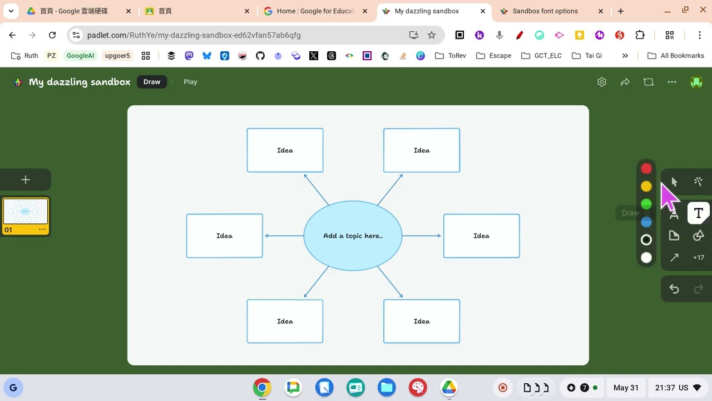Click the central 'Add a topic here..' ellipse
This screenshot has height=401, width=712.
pos(353,236)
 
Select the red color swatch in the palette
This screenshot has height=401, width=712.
pos(646,169)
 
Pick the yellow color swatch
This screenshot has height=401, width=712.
pos(646,187)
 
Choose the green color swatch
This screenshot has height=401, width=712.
pos(646,204)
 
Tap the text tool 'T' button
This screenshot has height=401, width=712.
pos(698,213)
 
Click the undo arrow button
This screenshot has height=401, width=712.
pos(674,289)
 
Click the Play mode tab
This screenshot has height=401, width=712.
pos(190,82)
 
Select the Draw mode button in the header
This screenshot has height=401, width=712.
pos(152,82)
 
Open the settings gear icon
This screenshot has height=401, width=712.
pos(602,82)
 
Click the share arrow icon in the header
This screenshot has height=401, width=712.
pos(625,82)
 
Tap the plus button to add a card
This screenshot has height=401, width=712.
pos(26,180)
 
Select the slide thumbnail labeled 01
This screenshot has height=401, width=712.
pos(26,216)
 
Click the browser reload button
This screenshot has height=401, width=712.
pos(52,35)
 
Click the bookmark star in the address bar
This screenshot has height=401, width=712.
pos(431,35)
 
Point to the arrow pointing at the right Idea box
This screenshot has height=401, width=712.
pos(422,236)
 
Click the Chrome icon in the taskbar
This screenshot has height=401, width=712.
pos(262,388)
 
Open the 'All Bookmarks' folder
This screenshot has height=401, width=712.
pos(676,56)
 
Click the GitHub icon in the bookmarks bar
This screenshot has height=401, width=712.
pos(260,56)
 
